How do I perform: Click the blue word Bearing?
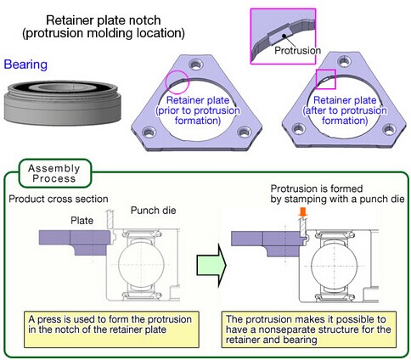[x=25, y=65]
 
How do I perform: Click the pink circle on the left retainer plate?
[x=177, y=72]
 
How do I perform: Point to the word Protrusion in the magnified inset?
[x=298, y=51]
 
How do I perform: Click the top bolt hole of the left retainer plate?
[x=196, y=65]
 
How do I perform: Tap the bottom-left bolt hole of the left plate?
[x=149, y=132]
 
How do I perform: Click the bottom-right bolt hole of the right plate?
[x=390, y=129]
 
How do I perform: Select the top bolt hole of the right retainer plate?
[x=344, y=61]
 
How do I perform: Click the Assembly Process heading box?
[x=54, y=173]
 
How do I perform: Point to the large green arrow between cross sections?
[x=211, y=265]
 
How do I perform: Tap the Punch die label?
[x=153, y=211]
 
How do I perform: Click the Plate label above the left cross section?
[x=82, y=220]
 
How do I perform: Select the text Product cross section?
[x=59, y=199]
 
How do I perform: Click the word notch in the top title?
[x=144, y=20]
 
